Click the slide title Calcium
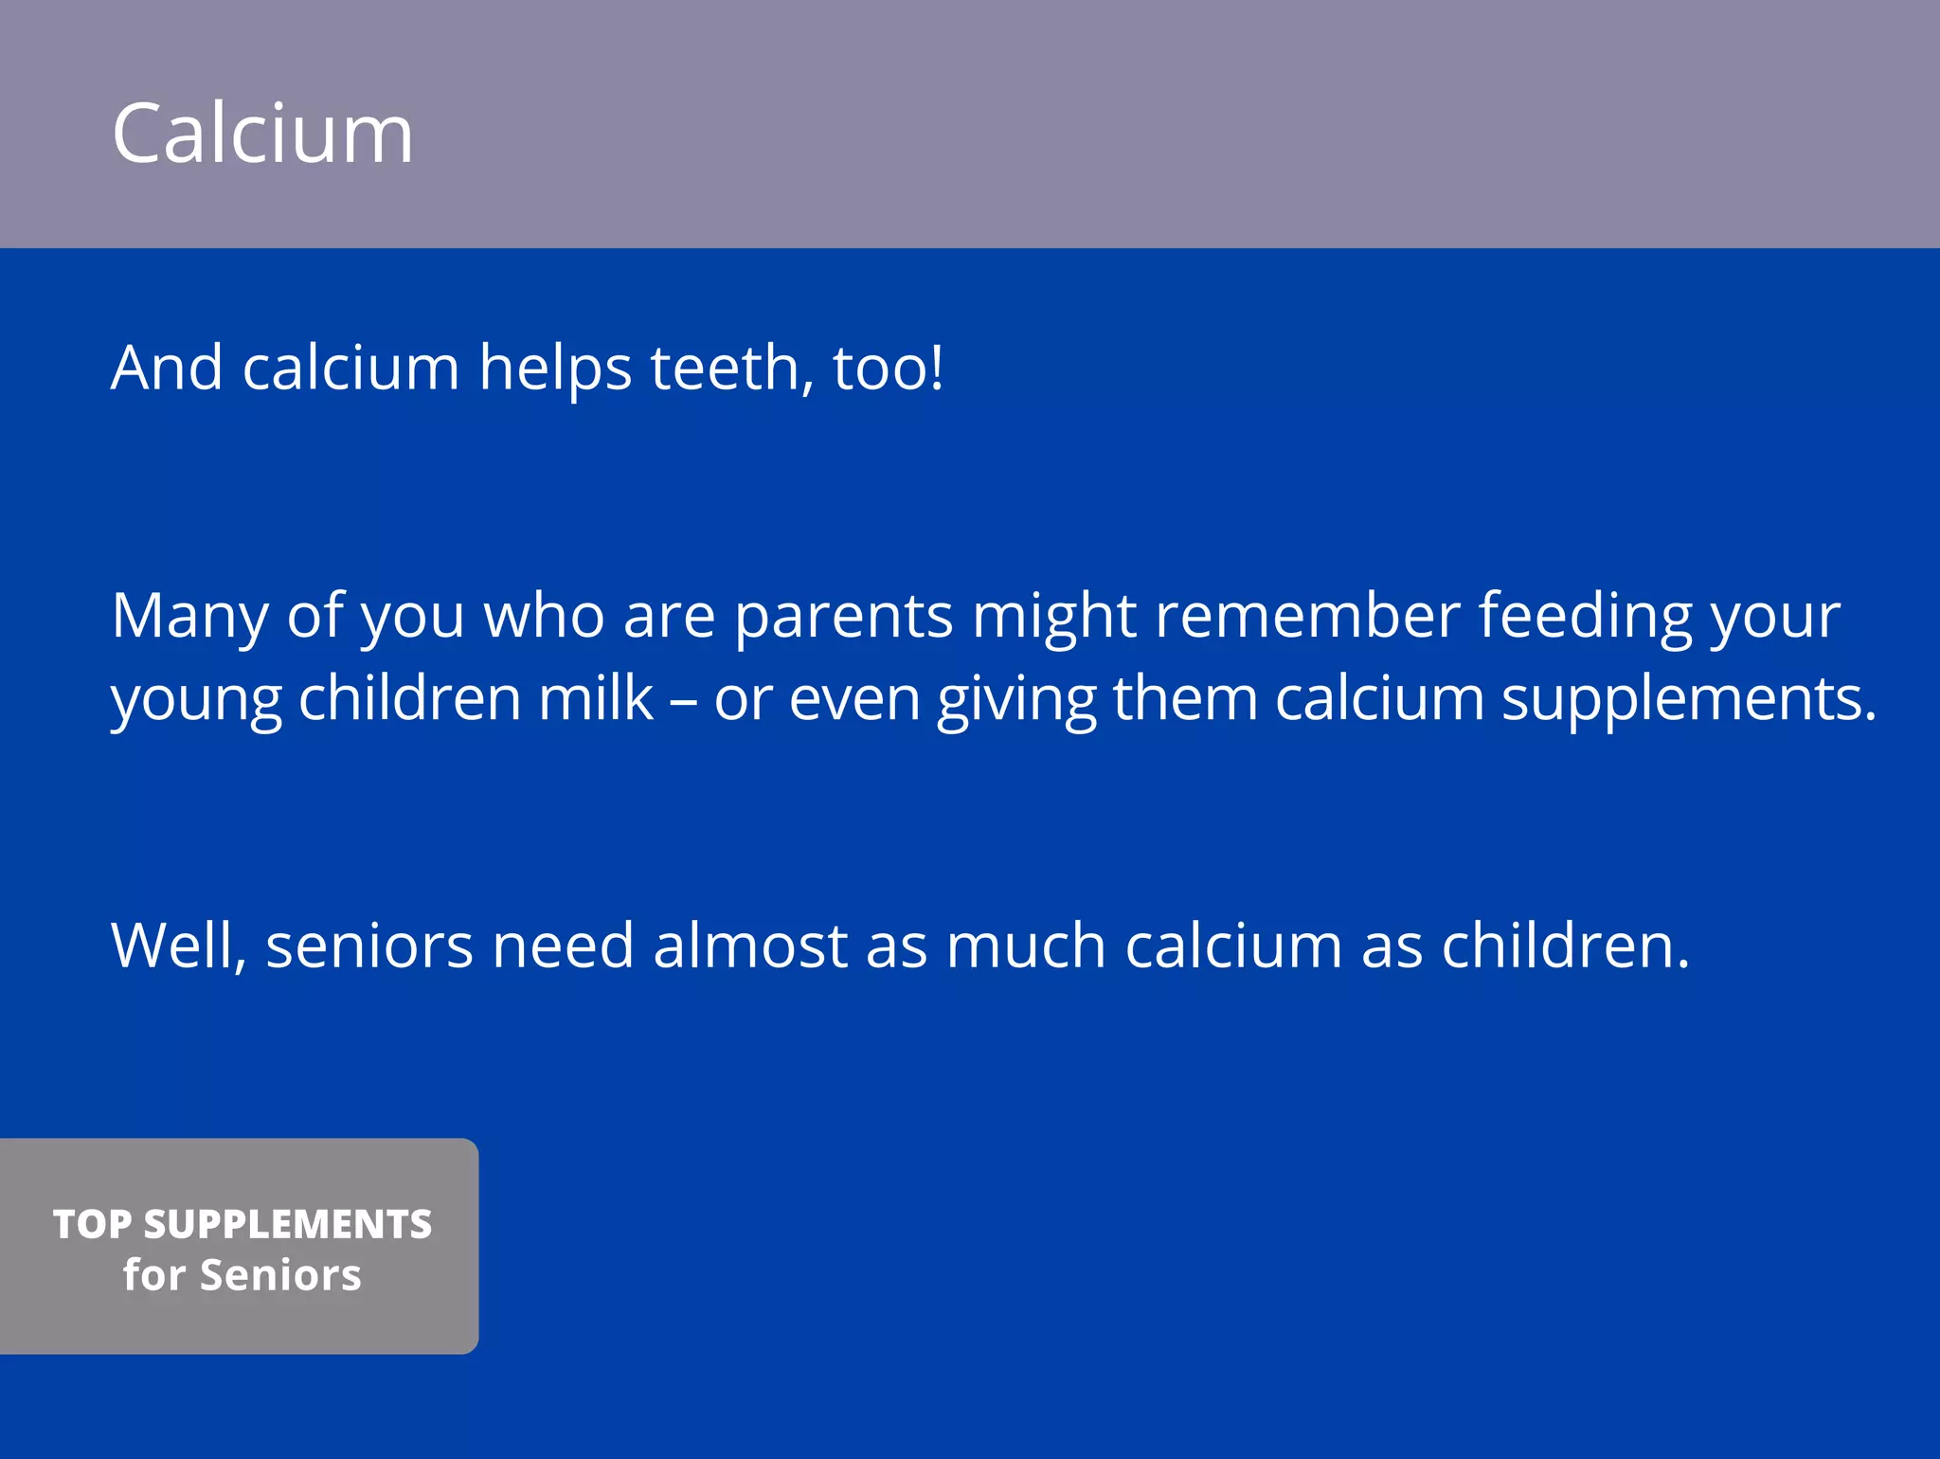[x=262, y=134]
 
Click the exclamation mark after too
[x=937, y=368]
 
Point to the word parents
[x=843, y=618]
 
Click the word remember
[x=1307, y=616]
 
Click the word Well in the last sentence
[x=177, y=946]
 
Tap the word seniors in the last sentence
[x=368, y=946]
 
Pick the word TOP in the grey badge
[x=92, y=1224]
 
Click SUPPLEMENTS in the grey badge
[x=288, y=1224]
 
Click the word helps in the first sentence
[x=555, y=369]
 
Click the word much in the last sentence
[x=1025, y=946]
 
